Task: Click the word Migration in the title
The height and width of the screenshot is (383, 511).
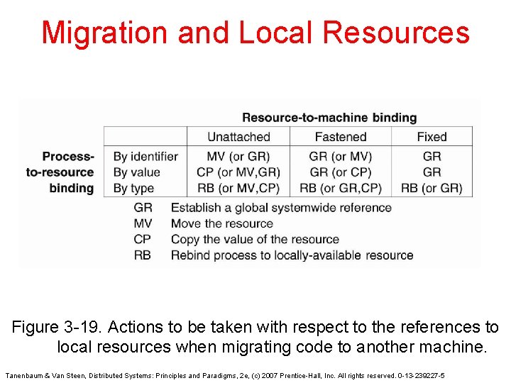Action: click(x=105, y=33)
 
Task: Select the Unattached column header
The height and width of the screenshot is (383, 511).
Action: click(x=238, y=137)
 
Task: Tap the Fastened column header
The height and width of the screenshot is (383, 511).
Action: click(x=341, y=137)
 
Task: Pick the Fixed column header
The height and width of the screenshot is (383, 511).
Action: click(x=432, y=137)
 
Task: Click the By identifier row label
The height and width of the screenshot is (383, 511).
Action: click(x=145, y=156)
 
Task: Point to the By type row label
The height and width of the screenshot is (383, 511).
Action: click(x=134, y=188)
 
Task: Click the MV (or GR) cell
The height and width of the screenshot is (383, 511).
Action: click(x=238, y=156)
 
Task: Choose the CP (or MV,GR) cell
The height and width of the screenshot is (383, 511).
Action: click(x=238, y=172)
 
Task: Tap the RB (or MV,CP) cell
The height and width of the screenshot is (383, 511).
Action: click(x=238, y=188)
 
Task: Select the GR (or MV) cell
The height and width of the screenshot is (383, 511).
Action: click(x=341, y=156)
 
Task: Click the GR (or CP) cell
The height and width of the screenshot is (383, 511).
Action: click(x=341, y=172)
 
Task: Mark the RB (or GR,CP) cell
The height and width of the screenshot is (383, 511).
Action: click(x=341, y=188)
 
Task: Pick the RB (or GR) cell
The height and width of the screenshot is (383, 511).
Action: click(x=432, y=188)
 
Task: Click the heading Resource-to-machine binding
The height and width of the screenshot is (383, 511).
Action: click(x=329, y=118)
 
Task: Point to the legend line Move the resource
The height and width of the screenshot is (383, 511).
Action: click(x=222, y=223)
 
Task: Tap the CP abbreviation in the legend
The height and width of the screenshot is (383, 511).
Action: click(x=143, y=239)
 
